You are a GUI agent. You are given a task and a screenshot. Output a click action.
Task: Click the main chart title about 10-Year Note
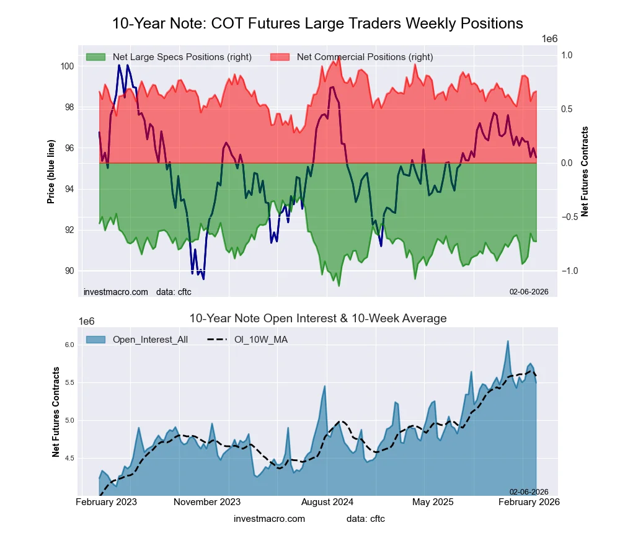[x=317, y=24]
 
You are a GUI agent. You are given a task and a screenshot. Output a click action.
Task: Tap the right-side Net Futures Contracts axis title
[x=585, y=171]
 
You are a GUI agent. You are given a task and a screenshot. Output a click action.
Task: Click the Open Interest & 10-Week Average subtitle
[x=317, y=319]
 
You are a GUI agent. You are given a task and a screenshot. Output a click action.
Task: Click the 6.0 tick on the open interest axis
[x=69, y=345]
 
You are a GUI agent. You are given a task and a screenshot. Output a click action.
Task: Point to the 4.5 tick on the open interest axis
[x=69, y=458]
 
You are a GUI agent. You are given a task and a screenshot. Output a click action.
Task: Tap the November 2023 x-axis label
[x=206, y=501]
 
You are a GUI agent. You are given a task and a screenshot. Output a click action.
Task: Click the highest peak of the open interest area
[x=508, y=341]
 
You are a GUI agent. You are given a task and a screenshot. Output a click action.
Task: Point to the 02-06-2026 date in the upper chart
[x=529, y=292]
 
